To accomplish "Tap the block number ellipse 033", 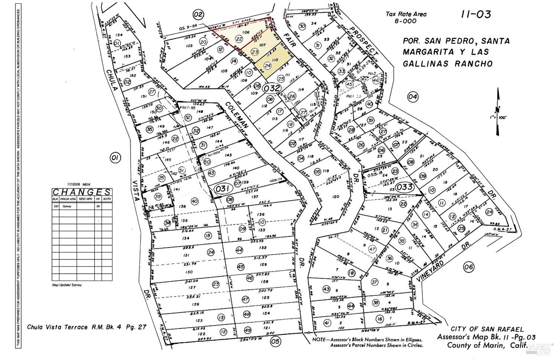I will [404, 187].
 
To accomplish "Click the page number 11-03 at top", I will [476, 14].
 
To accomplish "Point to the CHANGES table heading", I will [81, 192].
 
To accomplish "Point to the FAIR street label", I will [291, 41].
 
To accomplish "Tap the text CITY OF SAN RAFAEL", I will [487, 329].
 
